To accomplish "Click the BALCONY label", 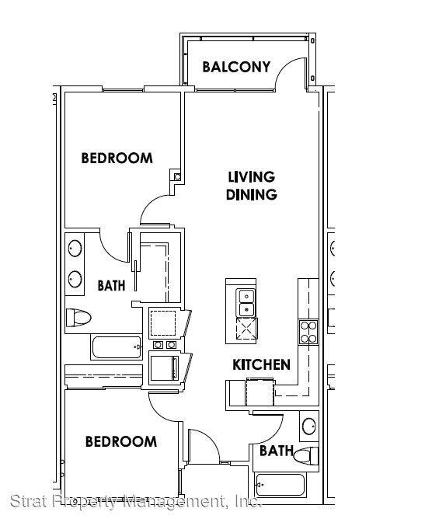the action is point(236,67).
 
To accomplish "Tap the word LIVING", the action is point(252,177).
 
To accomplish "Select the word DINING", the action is point(252,194).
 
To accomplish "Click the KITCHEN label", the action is point(261,364).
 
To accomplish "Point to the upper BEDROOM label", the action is point(117,158).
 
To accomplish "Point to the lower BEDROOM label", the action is point(121,441).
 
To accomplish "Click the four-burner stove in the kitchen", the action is point(308,332).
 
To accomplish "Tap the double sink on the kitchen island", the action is point(246,303).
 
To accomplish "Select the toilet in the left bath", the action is point(78,318).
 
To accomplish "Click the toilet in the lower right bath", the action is point(306,456).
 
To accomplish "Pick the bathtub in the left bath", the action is point(117,347).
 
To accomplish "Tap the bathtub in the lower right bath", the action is point(280,485).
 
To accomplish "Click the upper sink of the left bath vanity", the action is point(75,249).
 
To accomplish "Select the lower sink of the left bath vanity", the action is point(75,279).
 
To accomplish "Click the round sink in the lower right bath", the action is point(309,426).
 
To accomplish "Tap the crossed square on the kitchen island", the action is point(246,329).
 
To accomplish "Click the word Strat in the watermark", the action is point(29,501).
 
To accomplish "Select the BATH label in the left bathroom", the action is point(112,285).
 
